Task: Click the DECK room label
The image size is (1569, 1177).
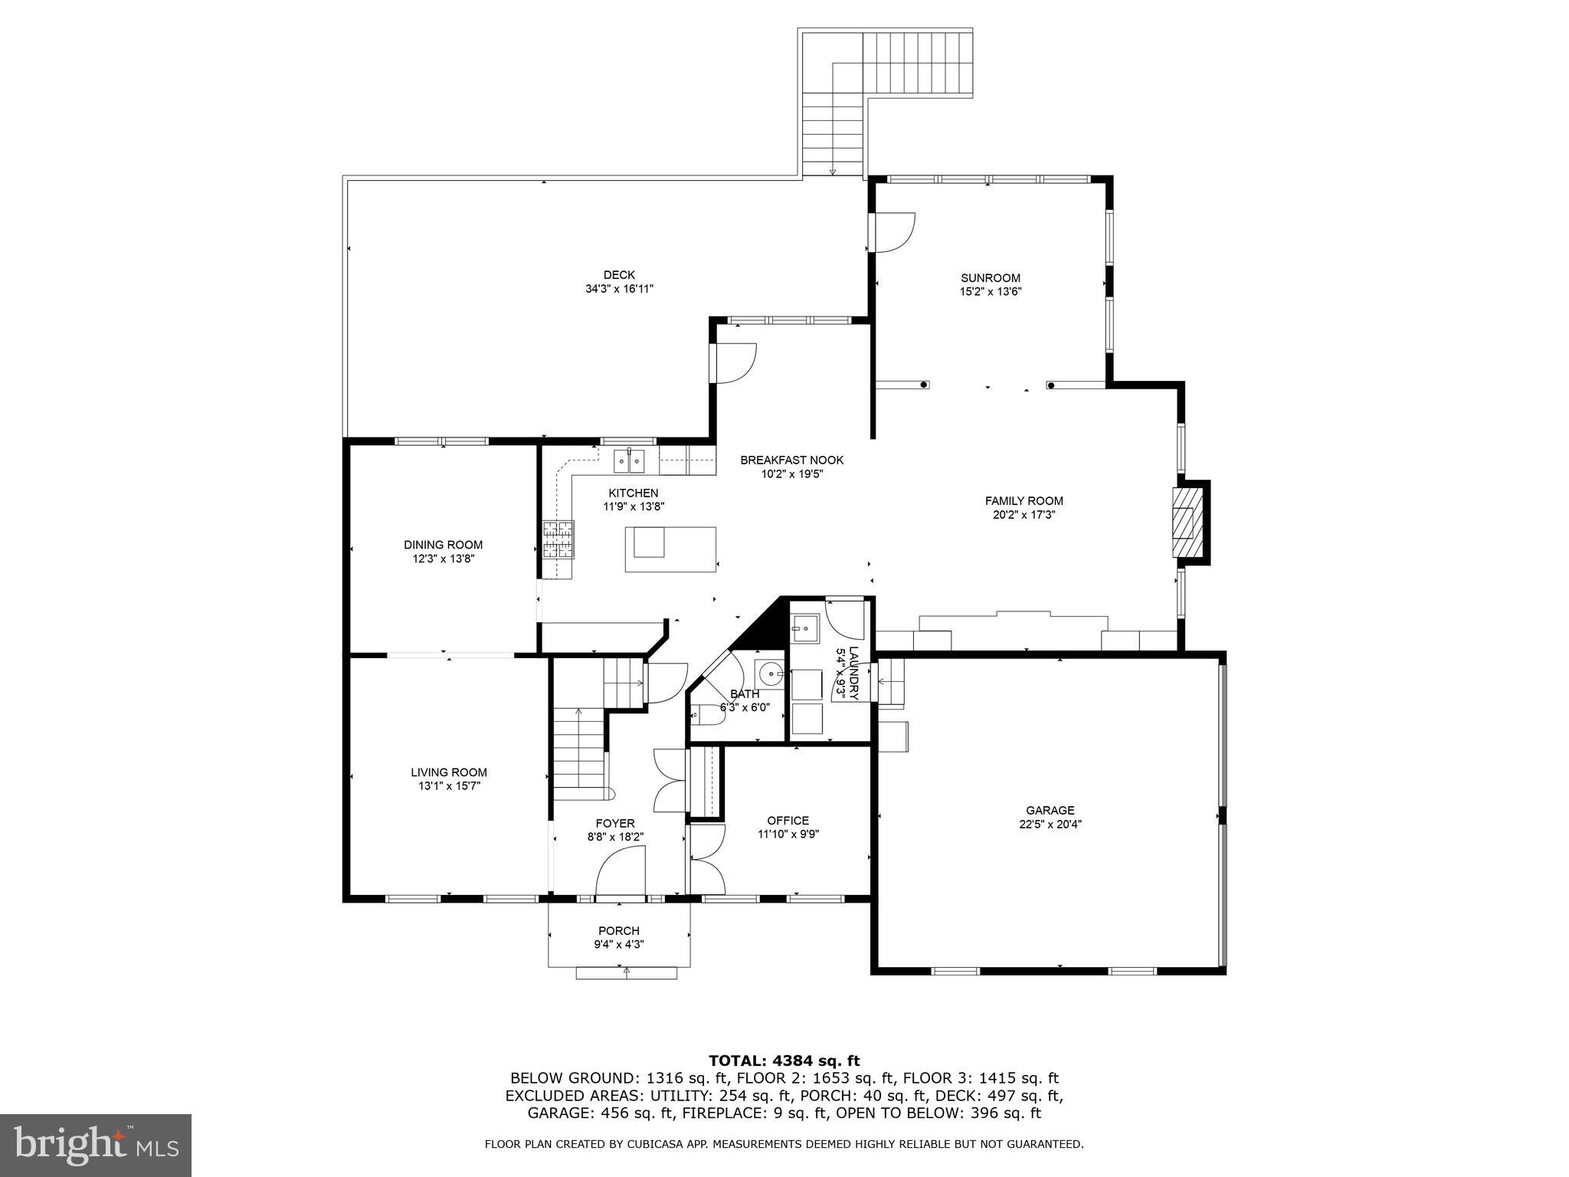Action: pos(619,275)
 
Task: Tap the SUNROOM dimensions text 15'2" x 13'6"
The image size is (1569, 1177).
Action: pos(991,292)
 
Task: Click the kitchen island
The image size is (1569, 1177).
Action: pos(670,549)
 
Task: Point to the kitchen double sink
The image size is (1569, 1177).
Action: pos(629,462)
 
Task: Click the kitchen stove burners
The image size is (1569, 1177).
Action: pos(558,539)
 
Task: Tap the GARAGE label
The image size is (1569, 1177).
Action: pos(1050,810)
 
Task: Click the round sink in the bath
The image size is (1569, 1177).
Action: pos(769,674)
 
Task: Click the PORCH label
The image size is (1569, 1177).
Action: pos(619,931)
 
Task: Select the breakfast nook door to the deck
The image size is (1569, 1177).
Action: pos(734,363)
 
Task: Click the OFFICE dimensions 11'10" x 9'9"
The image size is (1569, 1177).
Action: pos(788,834)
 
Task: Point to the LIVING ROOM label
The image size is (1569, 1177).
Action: pos(448,772)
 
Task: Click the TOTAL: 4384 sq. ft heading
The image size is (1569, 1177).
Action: pos(784,1061)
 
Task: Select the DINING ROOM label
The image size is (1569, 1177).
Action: pos(443,545)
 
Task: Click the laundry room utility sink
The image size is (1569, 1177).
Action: pos(804,630)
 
